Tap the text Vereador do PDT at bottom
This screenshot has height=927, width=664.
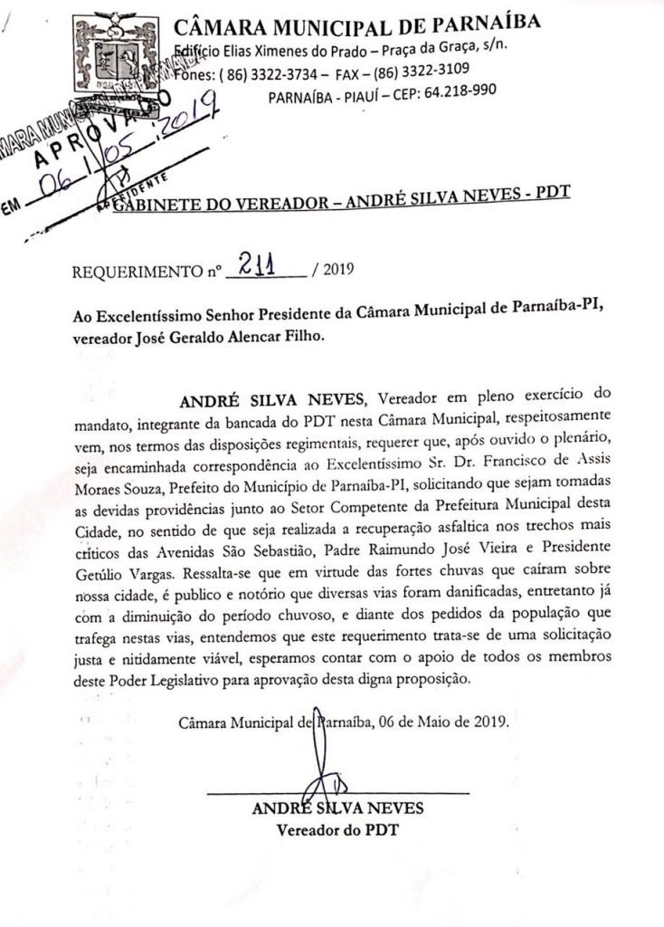[x=337, y=829]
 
